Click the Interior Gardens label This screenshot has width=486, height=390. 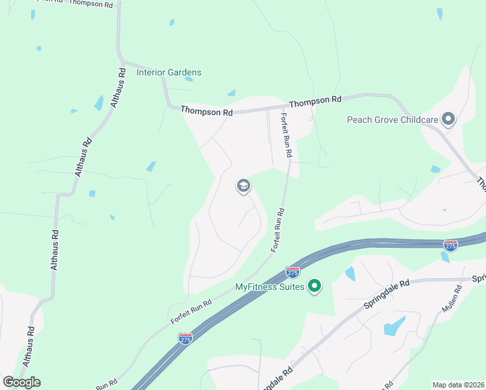click(169, 72)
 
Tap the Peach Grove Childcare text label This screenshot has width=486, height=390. click(392, 120)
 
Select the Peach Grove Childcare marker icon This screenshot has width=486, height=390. click(448, 119)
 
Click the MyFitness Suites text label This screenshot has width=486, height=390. click(270, 287)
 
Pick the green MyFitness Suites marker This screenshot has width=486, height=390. click(314, 286)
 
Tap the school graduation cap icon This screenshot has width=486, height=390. click(244, 187)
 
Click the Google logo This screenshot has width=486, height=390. click(21, 382)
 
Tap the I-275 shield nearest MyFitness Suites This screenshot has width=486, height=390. click(292, 272)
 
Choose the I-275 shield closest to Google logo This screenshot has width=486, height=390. click(185, 339)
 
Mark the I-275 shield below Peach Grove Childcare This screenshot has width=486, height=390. click(450, 245)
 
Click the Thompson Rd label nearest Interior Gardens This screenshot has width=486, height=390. click(207, 112)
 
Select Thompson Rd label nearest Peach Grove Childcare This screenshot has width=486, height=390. click(315, 102)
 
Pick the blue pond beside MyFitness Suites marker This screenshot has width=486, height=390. click(350, 274)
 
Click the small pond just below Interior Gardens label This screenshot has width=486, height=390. click(188, 79)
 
